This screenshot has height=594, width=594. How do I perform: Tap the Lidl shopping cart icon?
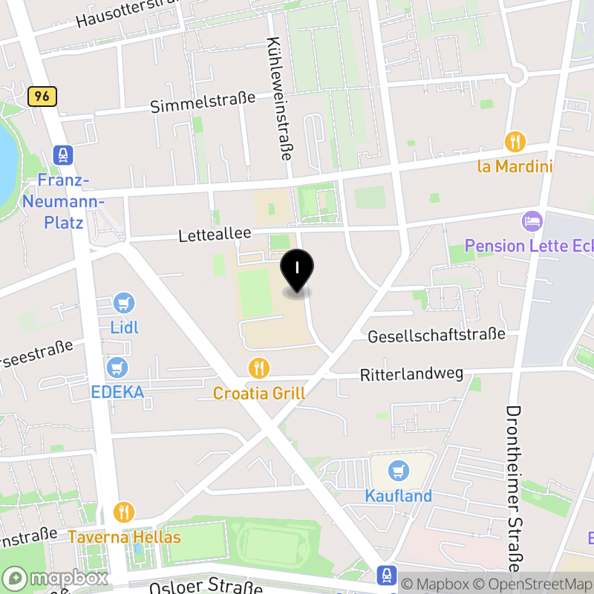click(125, 303)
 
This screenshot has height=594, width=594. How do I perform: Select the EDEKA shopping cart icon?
click(117, 367)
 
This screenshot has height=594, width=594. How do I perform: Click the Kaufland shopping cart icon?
click(399, 470)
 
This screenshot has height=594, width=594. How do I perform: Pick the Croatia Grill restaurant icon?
click(258, 368)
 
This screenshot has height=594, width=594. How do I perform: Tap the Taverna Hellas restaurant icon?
click(124, 512)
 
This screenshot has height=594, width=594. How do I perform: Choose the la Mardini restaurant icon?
click(515, 141)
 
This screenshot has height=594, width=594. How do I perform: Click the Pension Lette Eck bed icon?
click(532, 221)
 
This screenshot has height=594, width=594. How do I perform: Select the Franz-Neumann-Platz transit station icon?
click(63, 155)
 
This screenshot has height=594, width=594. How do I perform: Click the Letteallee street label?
click(215, 235)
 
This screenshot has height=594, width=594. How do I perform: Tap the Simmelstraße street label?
click(203, 102)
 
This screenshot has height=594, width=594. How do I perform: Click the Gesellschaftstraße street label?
click(437, 336)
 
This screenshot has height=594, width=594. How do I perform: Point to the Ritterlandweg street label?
click(411, 373)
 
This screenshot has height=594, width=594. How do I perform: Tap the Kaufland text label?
click(398, 495)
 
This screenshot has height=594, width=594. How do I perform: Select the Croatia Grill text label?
click(259, 393)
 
